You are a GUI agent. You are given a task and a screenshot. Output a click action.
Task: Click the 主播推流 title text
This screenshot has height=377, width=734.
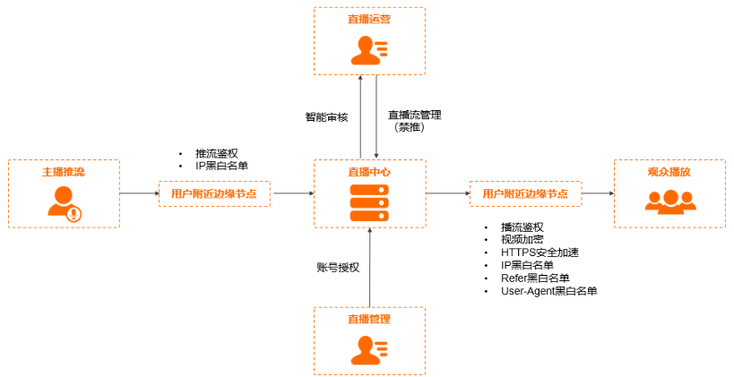tap(64, 172)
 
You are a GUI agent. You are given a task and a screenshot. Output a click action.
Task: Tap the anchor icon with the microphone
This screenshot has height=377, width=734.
tap(65, 203)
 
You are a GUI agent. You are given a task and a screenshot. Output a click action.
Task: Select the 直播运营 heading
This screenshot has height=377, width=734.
tap(369, 19)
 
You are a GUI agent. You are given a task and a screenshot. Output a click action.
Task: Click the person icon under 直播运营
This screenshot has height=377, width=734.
tap(369, 50)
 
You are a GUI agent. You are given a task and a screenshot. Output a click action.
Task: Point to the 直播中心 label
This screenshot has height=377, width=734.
tap(369, 172)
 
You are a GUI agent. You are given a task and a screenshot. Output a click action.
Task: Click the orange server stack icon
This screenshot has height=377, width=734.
tap(369, 203)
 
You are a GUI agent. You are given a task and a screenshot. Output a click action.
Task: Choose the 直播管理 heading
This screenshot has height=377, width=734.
tap(369, 320)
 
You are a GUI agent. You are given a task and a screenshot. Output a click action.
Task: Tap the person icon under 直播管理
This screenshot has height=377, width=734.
tap(369, 351)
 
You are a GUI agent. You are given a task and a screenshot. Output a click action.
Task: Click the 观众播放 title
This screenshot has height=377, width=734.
tap(669, 172)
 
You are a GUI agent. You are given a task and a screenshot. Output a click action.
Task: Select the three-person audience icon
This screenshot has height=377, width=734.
tap(670, 202)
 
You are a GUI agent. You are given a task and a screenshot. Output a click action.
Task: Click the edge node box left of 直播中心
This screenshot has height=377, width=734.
tap(214, 193)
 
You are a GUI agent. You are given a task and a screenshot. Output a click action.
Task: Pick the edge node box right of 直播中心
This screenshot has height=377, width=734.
tap(526, 193)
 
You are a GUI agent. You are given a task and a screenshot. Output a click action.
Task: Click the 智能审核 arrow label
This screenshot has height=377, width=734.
tap(327, 117)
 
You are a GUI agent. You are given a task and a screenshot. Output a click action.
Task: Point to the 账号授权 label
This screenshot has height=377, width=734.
tap(338, 268)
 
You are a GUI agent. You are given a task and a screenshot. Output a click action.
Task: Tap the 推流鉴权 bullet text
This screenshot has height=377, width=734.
tap(217, 154)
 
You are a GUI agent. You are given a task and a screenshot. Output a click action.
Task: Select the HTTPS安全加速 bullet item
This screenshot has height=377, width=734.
tap(540, 253)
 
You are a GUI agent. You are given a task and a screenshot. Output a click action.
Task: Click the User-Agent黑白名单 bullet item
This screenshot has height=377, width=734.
tap(549, 291)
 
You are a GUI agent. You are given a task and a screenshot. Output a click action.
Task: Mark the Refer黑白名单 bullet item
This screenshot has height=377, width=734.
tap(535, 278)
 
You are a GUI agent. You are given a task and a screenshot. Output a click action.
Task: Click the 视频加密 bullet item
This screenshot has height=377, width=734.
tap(522, 240)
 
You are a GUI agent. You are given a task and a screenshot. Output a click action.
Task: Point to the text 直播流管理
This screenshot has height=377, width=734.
tap(415, 115)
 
